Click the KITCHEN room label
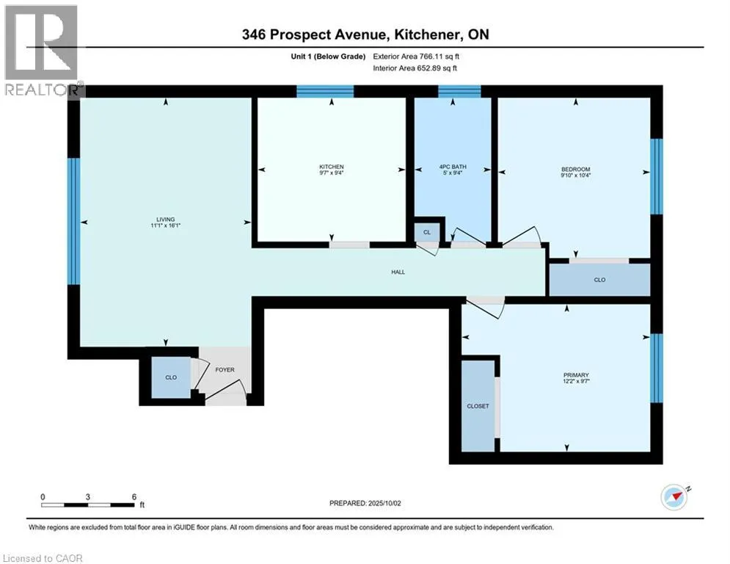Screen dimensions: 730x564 coord(332,167)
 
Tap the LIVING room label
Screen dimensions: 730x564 coord(165,219)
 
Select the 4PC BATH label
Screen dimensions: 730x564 coord(453,167)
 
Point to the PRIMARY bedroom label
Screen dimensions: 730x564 coord(576,375)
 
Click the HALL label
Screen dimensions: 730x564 coord(398,272)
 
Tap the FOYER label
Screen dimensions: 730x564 coord(225,369)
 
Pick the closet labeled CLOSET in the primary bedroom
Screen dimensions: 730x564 coord(478,406)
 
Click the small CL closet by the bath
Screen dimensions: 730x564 coord(427,231)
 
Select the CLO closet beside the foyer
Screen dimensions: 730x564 coord(171,377)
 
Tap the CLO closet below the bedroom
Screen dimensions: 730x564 coord(599,280)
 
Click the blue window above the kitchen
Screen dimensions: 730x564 coord(325,91)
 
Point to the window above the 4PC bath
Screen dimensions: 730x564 coord(459,91)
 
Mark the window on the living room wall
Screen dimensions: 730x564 coord(74,221)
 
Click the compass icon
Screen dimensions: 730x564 coord(674,497)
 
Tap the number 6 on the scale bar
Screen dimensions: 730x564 coord(134,497)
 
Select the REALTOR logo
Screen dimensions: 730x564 coord(43,51)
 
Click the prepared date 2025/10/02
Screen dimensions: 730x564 coord(384,503)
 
